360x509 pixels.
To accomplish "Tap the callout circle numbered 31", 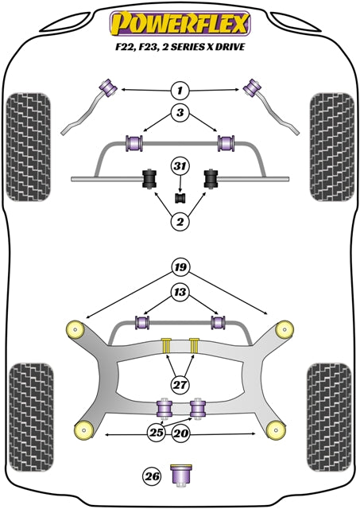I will point(180,165).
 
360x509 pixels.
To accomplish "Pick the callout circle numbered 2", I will point(180,222).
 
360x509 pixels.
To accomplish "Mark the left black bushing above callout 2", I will point(148,180).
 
